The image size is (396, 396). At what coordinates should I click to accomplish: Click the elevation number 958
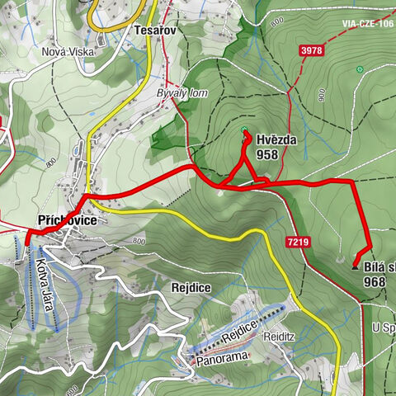tap(266, 154)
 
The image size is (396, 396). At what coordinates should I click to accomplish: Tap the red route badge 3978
tap(311, 51)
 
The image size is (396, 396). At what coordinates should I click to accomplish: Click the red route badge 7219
tap(299, 242)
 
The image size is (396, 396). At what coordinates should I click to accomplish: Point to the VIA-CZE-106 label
tap(367, 25)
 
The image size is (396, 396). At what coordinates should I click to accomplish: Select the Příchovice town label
tap(68, 221)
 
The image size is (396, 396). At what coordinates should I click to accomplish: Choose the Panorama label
tap(220, 358)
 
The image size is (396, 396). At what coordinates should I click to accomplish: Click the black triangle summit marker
tap(355, 266)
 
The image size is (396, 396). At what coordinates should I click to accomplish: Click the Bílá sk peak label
tap(379, 266)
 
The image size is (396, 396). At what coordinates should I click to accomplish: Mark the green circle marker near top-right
tap(359, 69)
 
